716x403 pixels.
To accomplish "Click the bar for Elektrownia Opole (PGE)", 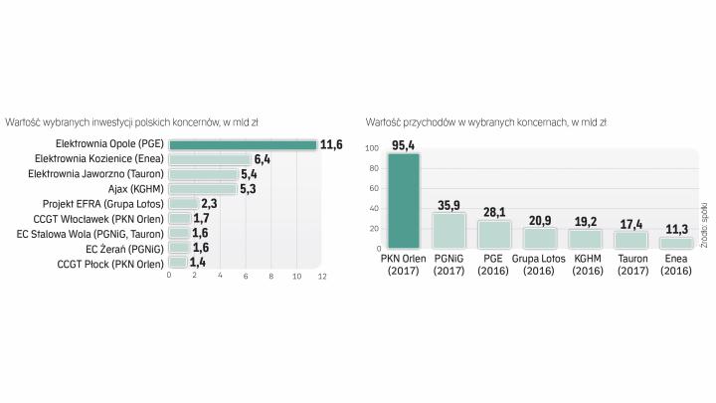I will click(243, 145).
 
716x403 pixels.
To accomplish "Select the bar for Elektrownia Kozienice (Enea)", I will click(210, 159).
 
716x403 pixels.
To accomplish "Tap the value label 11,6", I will click(331, 145).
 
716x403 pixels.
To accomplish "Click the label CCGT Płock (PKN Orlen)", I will click(110, 264).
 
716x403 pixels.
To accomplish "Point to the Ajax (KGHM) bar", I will click(203, 189).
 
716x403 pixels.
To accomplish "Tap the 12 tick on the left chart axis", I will click(320, 275).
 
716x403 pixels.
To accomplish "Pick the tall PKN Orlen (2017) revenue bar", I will click(404, 200).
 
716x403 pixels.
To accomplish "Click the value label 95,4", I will click(404, 145).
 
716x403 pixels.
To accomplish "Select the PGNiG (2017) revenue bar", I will click(449, 230).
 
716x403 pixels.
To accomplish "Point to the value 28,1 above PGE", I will click(494, 212).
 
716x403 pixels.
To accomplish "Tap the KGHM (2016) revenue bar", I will click(586, 239).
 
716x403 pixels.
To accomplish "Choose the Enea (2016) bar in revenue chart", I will click(676, 243).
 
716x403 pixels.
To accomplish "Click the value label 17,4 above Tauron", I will click(630, 224).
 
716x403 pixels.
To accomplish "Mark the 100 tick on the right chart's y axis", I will click(371, 148).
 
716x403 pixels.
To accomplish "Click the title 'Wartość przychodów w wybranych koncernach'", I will click(486, 122).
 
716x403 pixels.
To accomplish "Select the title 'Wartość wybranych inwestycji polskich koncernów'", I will click(132, 122).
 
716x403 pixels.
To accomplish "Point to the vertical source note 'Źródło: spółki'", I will click(703, 223).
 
